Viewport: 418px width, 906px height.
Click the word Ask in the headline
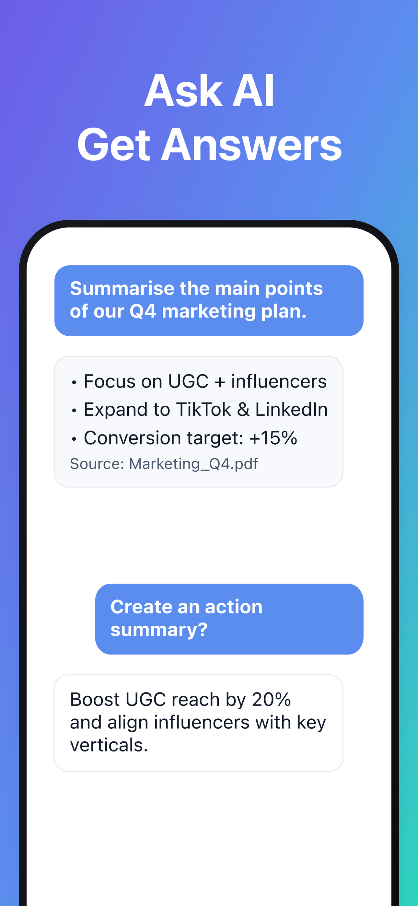pyautogui.click(x=183, y=91)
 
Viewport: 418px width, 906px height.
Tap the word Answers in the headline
pyautogui.click(x=251, y=145)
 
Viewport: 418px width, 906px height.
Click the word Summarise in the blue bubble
pyautogui.click(x=122, y=288)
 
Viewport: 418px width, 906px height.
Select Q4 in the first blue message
pyautogui.click(x=143, y=311)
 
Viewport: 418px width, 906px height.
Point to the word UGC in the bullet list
pyautogui.click(x=188, y=381)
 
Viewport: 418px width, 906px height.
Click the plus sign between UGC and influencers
pyautogui.click(x=220, y=382)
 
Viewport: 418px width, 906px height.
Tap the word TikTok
pyautogui.click(x=203, y=409)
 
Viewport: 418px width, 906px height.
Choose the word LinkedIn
pyautogui.click(x=291, y=409)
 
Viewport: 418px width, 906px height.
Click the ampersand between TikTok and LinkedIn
pyautogui.click(x=243, y=409)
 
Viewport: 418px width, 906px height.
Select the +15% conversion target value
pyautogui.click(x=273, y=438)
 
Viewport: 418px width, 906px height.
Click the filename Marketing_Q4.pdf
pyautogui.click(x=193, y=464)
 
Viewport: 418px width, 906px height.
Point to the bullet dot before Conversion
pyautogui.click(x=74, y=439)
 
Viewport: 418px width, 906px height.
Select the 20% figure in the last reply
pyautogui.click(x=271, y=699)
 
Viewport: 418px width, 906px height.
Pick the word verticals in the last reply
pyautogui.click(x=109, y=745)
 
